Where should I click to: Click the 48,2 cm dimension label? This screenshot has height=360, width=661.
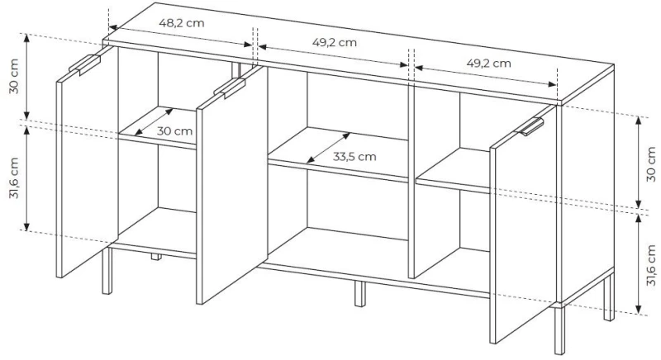pos(182,22)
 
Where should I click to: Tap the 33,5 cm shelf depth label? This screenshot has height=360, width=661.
pos(354,157)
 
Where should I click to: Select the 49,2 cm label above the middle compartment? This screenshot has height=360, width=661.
pos(335,42)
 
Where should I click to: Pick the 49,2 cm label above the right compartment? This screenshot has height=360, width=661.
pos(488,63)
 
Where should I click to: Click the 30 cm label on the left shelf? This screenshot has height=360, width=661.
pos(175,131)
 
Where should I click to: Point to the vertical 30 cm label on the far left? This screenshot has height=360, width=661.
pos(14,76)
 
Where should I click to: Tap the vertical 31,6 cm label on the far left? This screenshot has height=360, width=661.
pos(14,178)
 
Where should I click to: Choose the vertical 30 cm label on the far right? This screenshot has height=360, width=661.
pos(651,163)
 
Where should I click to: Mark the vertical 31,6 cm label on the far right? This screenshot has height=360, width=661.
pos(651,266)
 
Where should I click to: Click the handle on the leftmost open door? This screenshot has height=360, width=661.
pos(85,64)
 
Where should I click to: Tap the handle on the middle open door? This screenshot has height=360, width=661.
pos(230,88)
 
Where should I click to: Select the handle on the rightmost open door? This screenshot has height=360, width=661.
pos(530,126)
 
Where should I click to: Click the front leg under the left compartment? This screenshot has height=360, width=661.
pos(107,270)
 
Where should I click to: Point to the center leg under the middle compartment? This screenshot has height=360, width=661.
pos(359,293)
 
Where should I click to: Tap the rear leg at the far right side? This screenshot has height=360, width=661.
pos(609,297)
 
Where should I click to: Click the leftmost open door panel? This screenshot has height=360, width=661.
pos(88,162)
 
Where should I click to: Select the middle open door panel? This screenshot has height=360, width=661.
pos(232,185)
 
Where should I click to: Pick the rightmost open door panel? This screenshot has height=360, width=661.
pos(523,224)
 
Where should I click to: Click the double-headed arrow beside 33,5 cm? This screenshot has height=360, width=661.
pos(328,148)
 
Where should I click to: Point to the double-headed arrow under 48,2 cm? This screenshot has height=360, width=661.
pos(180,36)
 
